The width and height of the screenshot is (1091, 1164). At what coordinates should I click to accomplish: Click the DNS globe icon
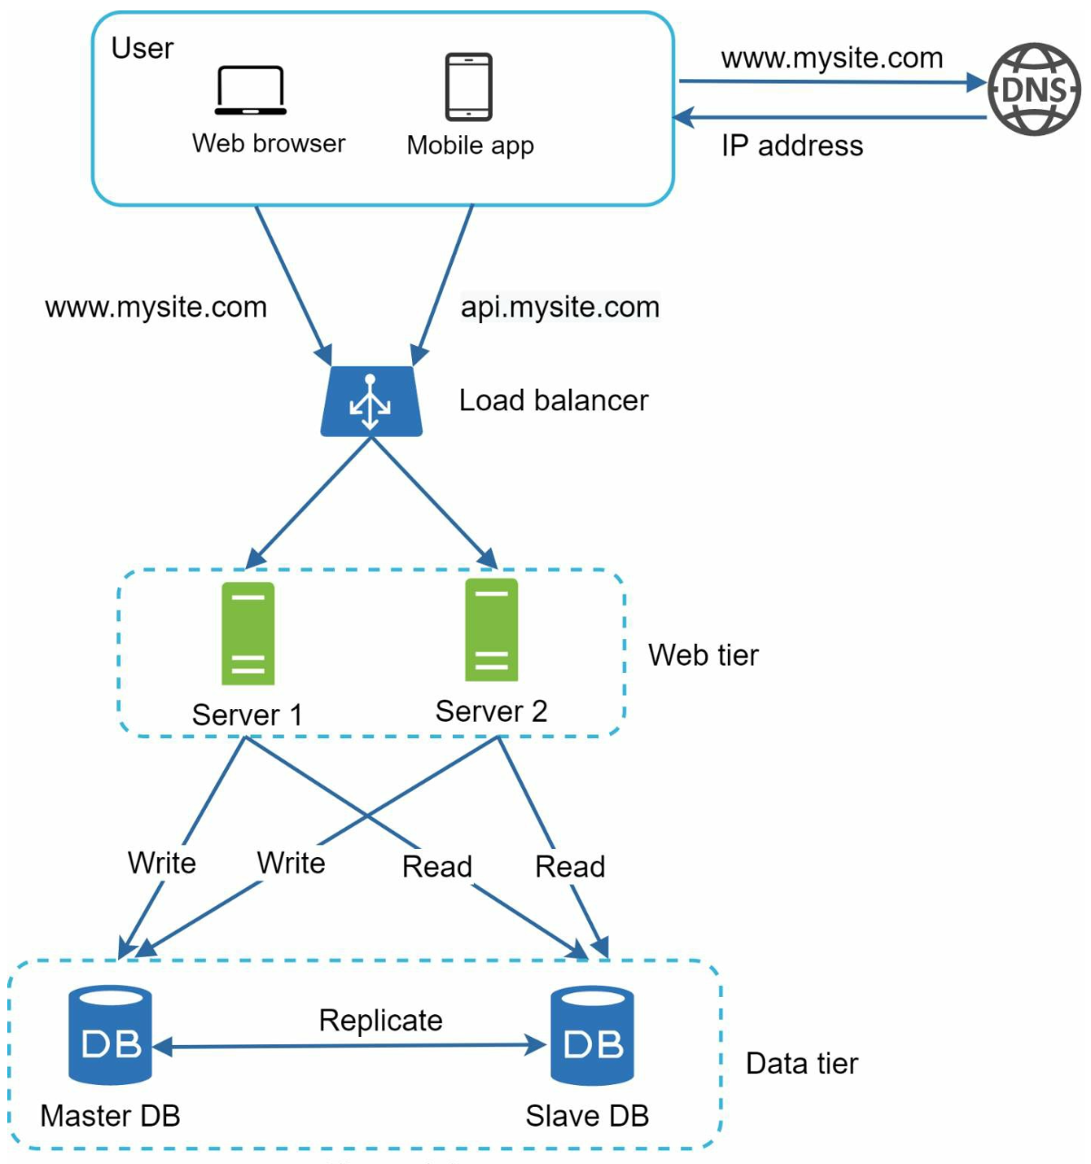click(1034, 89)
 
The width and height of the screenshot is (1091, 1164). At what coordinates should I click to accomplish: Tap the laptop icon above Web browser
click(251, 91)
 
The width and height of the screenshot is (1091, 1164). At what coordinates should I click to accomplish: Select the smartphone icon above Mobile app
click(468, 87)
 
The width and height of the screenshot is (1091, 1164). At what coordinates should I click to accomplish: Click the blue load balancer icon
click(371, 401)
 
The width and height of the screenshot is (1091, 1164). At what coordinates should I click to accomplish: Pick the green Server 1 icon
click(248, 633)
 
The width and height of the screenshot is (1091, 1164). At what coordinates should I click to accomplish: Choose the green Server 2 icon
click(491, 629)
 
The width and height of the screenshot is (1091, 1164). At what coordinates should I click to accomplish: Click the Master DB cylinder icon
click(110, 1035)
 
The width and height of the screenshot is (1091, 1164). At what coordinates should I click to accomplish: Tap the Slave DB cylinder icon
click(592, 1035)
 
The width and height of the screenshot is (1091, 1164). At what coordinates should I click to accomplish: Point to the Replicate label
click(380, 1021)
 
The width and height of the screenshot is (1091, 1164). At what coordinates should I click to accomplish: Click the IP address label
click(791, 145)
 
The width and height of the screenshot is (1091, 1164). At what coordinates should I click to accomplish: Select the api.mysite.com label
click(560, 307)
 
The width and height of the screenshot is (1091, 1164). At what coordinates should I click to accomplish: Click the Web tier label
click(703, 655)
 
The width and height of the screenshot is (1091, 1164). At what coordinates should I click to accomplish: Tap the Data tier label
click(801, 1063)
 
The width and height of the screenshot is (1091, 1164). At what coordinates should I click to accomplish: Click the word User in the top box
click(142, 48)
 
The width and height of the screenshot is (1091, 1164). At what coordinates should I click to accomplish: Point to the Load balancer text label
click(553, 400)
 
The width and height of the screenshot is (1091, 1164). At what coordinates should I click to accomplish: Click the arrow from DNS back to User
click(830, 117)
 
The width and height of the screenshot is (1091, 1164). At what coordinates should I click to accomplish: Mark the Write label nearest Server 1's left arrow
click(162, 863)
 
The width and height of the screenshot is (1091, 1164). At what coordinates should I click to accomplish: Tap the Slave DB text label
click(587, 1116)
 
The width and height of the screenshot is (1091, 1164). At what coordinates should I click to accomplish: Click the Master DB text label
click(110, 1116)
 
